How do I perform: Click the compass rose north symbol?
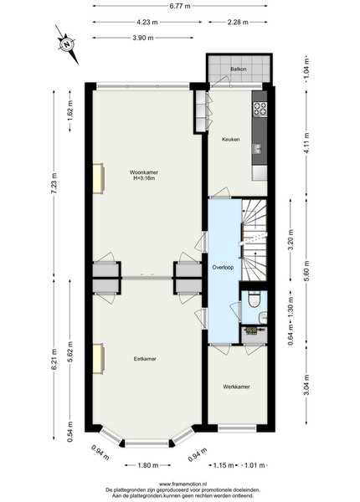[x=67, y=44]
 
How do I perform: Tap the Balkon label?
[x=239, y=69]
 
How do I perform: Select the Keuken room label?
[x=230, y=139]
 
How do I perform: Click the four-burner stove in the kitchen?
[x=260, y=109]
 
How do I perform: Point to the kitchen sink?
[x=257, y=149]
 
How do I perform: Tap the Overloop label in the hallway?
[x=223, y=268]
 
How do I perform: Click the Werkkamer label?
[x=236, y=387]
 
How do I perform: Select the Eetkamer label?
[x=145, y=359]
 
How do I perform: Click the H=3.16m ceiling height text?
[x=144, y=178]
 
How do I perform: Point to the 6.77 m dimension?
[x=180, y=6]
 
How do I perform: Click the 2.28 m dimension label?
[x=238, y=22]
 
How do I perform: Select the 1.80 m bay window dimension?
[x=148, y=465]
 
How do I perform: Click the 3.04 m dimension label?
[x=306, y=385]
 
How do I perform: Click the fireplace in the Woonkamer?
[x=98, y=179]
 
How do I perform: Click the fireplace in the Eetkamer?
[x=98, y=359]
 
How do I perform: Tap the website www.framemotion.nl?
[x=183, y=484]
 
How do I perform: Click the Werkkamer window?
[x=237, y=428]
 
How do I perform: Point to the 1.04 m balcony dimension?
[x=306, y=69]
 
